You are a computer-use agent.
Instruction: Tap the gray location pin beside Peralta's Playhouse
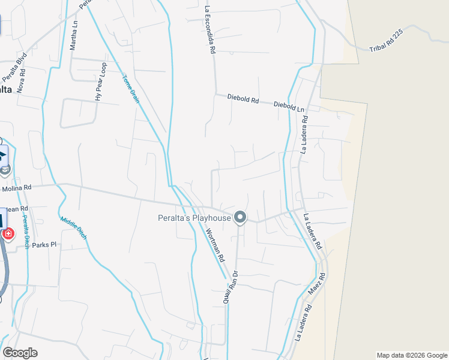pos(240,217)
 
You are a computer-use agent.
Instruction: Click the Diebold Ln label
pos(289,105)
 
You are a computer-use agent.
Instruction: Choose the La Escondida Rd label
pos(209,31)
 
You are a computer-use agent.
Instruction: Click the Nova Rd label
pos(23,79)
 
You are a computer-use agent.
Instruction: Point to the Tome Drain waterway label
pos(131,88)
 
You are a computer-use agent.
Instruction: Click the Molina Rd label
pos(16,188)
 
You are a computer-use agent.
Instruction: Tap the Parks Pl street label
pos(44,245)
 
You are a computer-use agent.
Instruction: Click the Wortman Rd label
pos(214,245)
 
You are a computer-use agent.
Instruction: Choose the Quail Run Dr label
pos(231,287)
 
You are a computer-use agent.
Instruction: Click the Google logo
pos(20,352)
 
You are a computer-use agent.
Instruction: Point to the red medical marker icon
pos(8,233)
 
